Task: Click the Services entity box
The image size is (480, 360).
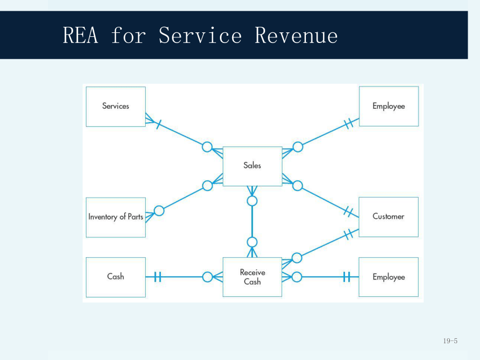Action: pyautogui.click(x=116, y=107)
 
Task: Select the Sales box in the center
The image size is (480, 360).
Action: pyautogui.click(x=252, y=166)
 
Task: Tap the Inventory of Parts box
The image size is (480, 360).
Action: pyautogui.click(x=116, y=217)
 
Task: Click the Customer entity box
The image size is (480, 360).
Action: pyautogui.click(x=388, y=217)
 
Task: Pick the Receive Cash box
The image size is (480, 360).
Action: pyautogui.click(x=252, y=277)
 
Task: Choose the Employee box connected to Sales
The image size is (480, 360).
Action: pyautogui.click(x=389, y=106)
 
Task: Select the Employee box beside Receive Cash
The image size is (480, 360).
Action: pyautogui.click(x=388, y=277)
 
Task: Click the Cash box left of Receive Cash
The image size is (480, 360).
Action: pyautogui.click(x=116, y=277)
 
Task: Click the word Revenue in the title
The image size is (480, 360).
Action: pyautogui.click(x=296, y=36)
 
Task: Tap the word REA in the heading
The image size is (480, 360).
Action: pyautogui.click(x=80, y=35)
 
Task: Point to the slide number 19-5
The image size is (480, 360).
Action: pyautogui.click(x=450, y=340)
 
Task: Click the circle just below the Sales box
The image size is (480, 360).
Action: pyautogui.click(x=252, y=201)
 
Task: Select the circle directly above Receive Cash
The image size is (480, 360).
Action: pyautogui.click(x=252, y=242)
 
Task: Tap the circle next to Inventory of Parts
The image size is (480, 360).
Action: pyautogui.click(x=159, y=210)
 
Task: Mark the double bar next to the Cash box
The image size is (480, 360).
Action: pyautogui.click(x=157, y=277)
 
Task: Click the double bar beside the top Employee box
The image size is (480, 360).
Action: pyautogui.click(x=349, y=123)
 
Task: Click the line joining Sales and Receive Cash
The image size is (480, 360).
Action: pyautogui.click(x=252, y=222)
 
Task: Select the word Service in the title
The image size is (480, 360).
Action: pyautogui.click(x=200, y=36)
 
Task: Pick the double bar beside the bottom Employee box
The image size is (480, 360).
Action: pyautogui.click(x=347, y=277)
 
